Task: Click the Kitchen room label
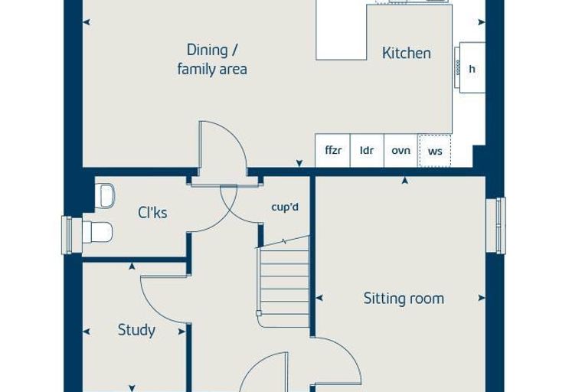[x=407, y=53]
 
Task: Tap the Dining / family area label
[x=212, y=60]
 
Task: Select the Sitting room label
[x=404, y=299]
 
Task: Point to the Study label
[x=136, y=330]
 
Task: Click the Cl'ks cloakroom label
[x=152, y=213]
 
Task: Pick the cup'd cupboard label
[x=285, y=207]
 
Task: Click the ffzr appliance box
[x=332, y=150]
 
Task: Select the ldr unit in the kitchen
[x=367, y=150]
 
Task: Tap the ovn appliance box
[x=401, y=150]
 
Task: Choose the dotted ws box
[x=435, y=151]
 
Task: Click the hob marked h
[x=470, y=67]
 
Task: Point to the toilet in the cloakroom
[x=97, y=233]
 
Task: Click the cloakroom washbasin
[x=105, y=196]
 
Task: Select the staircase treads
[x=284, y=282]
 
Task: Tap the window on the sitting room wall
[x=496, y=226]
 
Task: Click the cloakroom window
[x=67, y=235]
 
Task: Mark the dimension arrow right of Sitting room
[x=482, y=298]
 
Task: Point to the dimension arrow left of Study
[x=86, y=332]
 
